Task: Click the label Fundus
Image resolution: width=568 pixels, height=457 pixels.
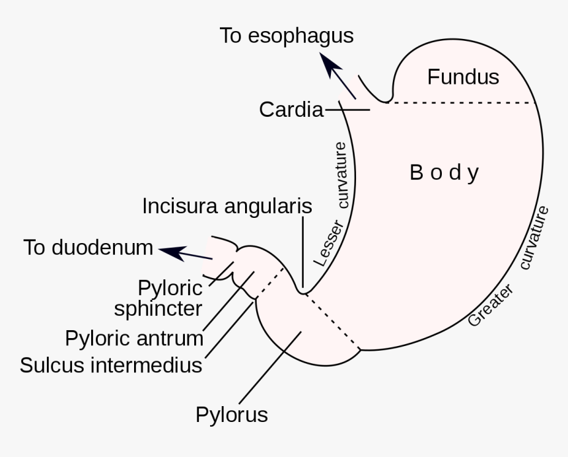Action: tap(463, 77)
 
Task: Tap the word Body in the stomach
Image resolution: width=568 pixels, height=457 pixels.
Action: tap(444, 173)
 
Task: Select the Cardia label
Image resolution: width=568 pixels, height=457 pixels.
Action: tap(291, 110)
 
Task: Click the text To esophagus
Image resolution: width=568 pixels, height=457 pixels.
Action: tap(286, 36)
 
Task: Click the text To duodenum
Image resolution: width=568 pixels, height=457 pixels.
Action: tap(88, 248)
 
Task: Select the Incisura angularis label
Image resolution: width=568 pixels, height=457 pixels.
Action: tap(227, 206)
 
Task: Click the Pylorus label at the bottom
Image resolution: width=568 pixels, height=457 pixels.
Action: tap(231, 415)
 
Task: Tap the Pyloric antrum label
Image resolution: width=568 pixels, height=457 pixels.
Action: tap(134, 338)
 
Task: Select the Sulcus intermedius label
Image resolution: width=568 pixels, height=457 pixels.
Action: tap(111, 365)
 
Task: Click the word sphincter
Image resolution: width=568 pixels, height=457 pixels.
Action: tap(158, 309)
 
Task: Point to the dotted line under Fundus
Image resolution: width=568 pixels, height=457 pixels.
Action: tap(462, 103)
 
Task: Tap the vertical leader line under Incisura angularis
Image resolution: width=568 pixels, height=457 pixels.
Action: tap(303, 251)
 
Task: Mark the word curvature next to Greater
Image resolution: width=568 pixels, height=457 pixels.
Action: tap(535, 238)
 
